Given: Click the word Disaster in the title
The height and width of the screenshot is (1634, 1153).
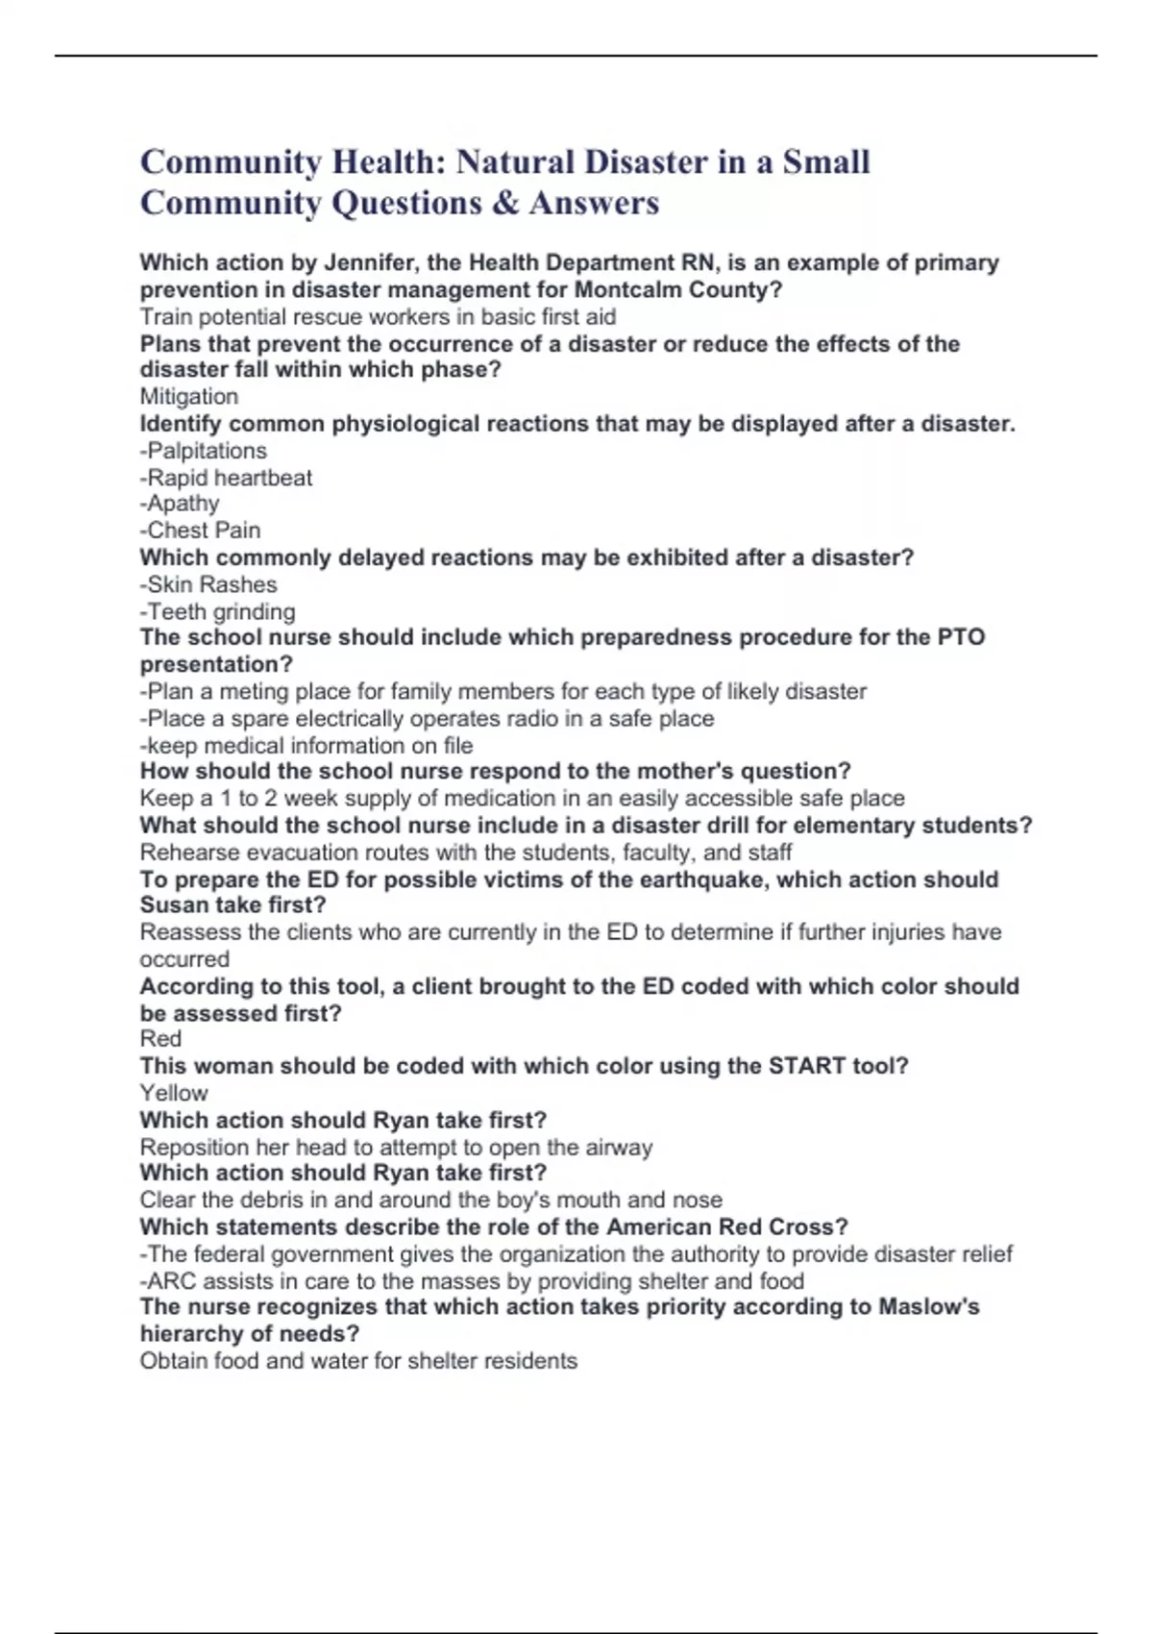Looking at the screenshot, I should click(x=641, y=161).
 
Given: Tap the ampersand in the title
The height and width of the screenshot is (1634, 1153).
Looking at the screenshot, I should click(x=505, y=203).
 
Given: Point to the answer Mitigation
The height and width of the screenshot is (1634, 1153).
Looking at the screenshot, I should click(x=189, y=396).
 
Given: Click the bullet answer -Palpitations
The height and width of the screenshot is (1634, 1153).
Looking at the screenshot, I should click(x=204, y=451).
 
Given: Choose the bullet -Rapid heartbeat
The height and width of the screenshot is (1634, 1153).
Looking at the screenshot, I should click(x=227, y=478).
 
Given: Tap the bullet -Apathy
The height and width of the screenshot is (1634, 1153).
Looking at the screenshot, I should click(x=180, y=504).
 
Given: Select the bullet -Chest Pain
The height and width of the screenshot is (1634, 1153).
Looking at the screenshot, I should click(x=201, y=531).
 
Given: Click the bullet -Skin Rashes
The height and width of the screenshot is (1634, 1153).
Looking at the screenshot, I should click(x=209, y=584).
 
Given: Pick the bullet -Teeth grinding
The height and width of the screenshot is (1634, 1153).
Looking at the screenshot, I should click(x=218, y=611).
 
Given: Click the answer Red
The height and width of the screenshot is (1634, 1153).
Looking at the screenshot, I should click(x=160, y=1039).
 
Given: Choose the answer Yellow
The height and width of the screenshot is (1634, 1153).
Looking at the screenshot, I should click(x=174, y=1093).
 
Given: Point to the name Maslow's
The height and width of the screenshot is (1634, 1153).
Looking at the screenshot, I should click(x=928, y=1307).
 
